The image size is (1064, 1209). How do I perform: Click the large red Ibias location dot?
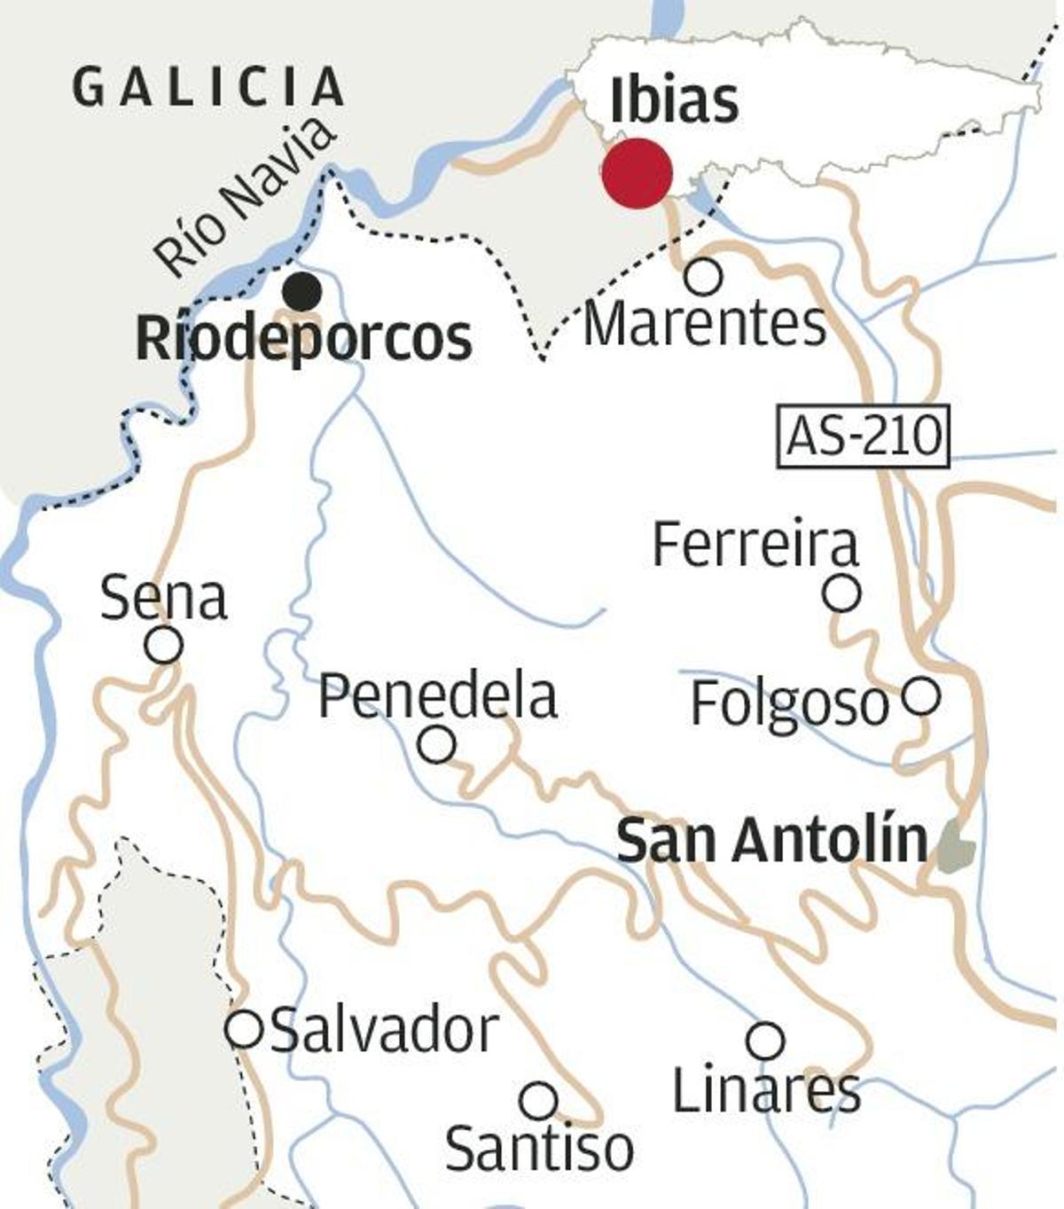(637, 173)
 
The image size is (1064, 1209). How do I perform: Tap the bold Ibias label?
(674, 100)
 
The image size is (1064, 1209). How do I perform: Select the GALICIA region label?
(208, 88)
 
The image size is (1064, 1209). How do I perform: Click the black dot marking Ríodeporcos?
(302, 291)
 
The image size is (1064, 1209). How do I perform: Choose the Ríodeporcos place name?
(304, 338)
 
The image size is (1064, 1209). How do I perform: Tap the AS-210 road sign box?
(863, 436)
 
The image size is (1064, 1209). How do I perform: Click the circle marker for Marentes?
(703, 277)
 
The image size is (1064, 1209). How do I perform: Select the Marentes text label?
(705, 325)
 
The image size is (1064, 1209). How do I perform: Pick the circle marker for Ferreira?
(841, 593)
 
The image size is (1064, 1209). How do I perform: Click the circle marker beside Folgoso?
(921, 696)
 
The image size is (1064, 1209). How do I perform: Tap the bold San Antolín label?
(771, 840)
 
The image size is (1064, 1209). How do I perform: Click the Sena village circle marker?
(164, 645)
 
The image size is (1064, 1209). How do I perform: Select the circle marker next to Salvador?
(244, 1030)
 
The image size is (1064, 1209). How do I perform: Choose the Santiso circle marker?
(538, 1101)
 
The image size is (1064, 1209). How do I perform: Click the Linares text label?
(766, 1089)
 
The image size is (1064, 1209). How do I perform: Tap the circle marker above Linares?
(765, 1040)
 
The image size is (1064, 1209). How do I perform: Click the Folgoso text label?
(789, 704)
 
